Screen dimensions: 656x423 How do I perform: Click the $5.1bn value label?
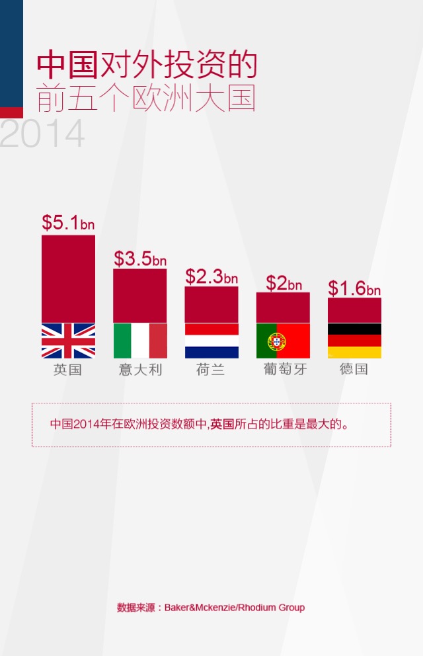tap(68, 222)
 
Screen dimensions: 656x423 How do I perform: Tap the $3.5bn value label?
tap(139, 258)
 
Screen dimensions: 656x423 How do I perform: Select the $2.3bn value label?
tap(211, 276)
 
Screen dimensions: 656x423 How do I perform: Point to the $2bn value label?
tap(284, 283)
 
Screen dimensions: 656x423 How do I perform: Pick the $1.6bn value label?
tap(354, 288)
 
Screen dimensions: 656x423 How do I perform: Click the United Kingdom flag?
tap(68, 341)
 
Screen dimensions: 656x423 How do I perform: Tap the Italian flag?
tap(140, 341)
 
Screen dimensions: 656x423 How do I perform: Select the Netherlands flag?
tap(211, 341)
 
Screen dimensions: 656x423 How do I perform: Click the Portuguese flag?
tap(283, 341)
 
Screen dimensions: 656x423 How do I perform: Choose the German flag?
tap(354, 341)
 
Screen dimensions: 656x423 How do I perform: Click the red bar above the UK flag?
tap(68, 278)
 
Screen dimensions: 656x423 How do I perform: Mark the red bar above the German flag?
tap(354, 309)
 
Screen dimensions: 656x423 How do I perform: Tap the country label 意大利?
tap(140, 369)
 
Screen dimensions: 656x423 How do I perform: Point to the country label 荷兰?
tap(211, 369)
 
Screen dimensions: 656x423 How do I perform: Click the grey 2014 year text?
tap(42, 134)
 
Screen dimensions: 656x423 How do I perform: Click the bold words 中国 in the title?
tap(67, 65)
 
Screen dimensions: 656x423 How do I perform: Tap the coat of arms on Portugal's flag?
tap(276, 341)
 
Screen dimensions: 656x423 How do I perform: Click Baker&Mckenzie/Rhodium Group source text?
tap(235, 607)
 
